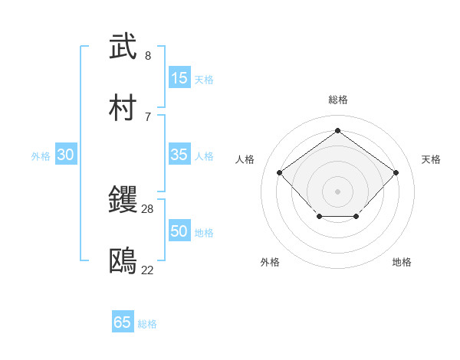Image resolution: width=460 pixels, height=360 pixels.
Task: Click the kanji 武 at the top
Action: coord(123,47)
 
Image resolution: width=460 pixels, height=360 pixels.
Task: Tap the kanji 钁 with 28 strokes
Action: coord(123,200)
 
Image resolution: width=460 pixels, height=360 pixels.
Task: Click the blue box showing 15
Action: coord(179,77)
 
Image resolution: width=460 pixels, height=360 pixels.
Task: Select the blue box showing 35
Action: coord(179,155)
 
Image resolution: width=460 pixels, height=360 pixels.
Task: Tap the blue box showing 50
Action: coord(179,231)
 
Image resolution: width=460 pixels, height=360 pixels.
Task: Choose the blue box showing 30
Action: coord(66,155)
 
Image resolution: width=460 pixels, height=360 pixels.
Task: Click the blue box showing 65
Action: coord(123,322)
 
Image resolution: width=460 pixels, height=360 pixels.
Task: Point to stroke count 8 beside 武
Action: coord(148,56)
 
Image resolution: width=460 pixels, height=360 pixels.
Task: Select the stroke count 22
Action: coord(148,270)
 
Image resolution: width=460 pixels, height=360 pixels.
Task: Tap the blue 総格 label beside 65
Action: coord(147,324)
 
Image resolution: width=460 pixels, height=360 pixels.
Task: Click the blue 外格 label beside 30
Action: coord(41,156)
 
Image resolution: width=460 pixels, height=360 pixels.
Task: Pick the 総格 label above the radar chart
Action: coord(337,100)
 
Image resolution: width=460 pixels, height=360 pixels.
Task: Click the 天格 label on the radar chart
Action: coord(431,159)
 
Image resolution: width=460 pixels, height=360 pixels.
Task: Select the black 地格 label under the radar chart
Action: coord(402,262)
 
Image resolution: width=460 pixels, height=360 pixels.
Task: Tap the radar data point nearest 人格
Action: coord(280,172)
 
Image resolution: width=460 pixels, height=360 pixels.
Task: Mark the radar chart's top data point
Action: coord(337,131)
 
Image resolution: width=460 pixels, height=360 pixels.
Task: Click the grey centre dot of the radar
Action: coord(337,191)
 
